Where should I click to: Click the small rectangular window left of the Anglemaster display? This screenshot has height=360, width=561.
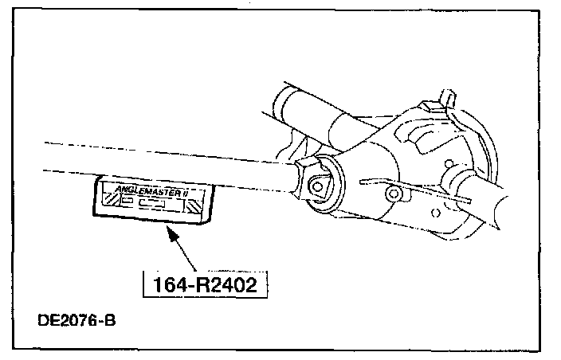coord(127,201)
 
